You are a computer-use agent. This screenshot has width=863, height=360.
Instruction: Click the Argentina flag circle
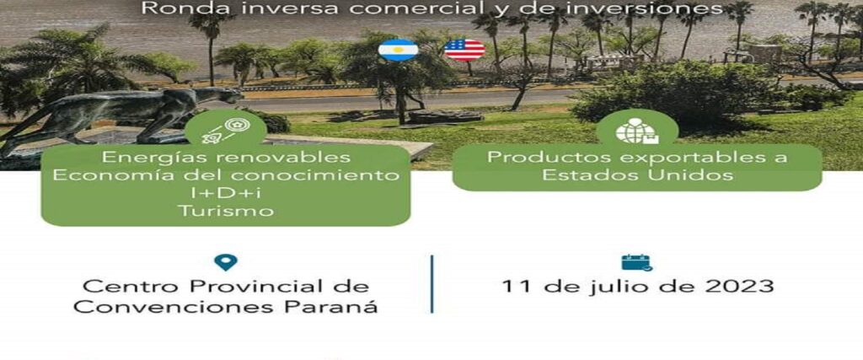click(x=398, y=50)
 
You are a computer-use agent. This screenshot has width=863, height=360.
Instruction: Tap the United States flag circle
click(x=464, y=50)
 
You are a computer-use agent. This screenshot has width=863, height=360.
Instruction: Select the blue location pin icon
click(x=226, y=262)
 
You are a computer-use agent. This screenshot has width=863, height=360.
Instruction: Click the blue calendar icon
click(x=637, y=262)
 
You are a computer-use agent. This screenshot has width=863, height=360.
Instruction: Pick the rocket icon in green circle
click(x=226, y=132)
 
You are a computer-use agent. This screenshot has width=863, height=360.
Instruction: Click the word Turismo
click(x=226, y=211)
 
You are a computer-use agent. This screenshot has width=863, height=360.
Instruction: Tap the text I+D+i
click(x=225, y=193)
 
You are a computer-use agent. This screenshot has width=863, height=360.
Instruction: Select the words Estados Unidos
click(x=637, y=175)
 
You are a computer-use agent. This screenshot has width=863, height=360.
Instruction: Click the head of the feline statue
click(x=229, y=95)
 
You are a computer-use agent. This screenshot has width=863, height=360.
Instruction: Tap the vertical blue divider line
click(x=432, y=284)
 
